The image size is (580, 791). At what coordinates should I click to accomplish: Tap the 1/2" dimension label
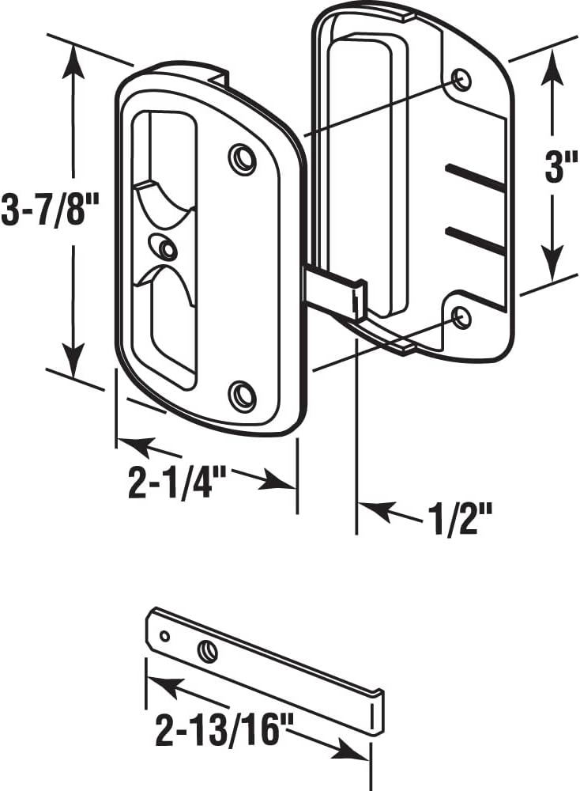pos(460,522)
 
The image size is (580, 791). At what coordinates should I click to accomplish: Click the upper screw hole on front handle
pos(243,159)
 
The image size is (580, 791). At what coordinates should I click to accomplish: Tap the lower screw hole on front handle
pos(243,394)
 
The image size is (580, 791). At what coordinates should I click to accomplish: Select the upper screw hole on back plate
pos(461,80)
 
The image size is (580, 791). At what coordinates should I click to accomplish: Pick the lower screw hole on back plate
pos(461,318)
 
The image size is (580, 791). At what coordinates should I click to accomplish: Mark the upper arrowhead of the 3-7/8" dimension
pos(73,59)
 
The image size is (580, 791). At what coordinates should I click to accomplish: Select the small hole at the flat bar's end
pos(164,635)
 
